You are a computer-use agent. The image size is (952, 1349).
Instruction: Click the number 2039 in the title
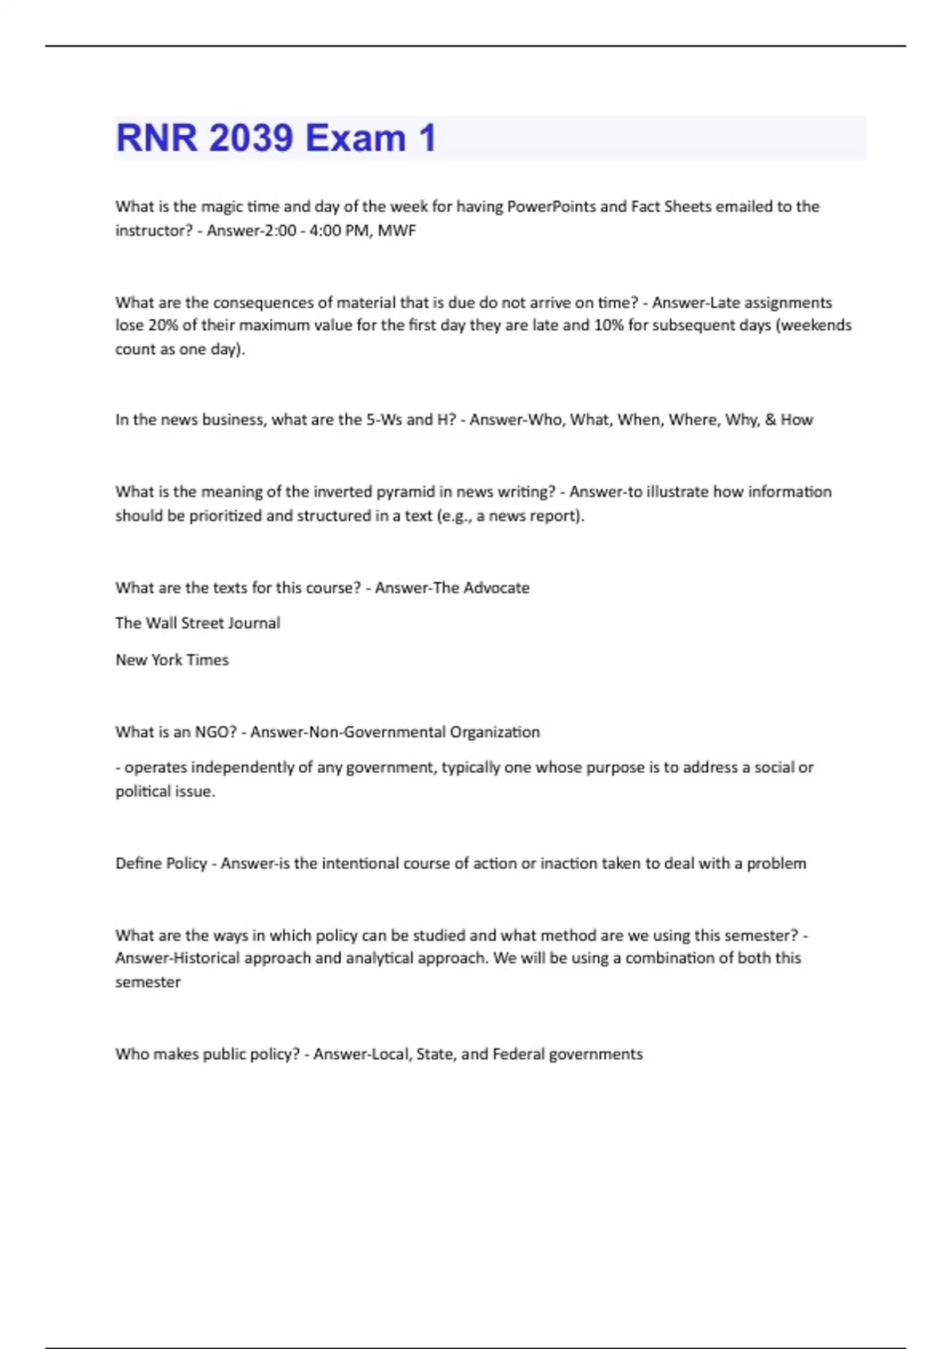point(251,138)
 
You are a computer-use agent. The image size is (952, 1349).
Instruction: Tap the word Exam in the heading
point(355,138)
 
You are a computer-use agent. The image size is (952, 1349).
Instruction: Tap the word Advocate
point(497,588)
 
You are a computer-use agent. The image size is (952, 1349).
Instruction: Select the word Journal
point(254,623)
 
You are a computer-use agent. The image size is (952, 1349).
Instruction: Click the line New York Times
point(172,660)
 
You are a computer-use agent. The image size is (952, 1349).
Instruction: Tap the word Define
point(138,863)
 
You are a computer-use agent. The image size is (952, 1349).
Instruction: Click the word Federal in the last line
point(516,1055)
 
